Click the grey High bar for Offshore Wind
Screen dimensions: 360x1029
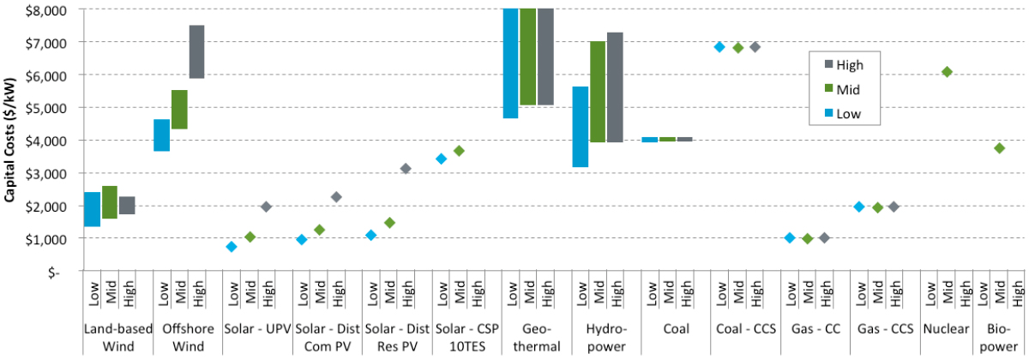(196, 51)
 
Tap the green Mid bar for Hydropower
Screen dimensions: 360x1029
(598, 92)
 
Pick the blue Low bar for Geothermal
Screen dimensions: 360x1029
(510, 63)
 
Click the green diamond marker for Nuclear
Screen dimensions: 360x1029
(947, 72)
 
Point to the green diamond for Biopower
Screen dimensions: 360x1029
(999, 148)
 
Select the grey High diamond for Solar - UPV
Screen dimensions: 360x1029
(266, 207)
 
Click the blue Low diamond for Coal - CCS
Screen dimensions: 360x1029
(719, 46)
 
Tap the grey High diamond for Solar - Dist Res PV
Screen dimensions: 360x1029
(406, 168)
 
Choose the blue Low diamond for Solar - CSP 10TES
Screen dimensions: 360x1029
(441, 159)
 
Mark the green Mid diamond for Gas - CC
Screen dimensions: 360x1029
(807, 238)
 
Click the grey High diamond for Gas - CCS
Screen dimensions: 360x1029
(894, 207)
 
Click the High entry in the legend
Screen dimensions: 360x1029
(849, 63)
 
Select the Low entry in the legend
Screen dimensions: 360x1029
(847, 113)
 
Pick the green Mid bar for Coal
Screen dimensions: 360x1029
(667, 139)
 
